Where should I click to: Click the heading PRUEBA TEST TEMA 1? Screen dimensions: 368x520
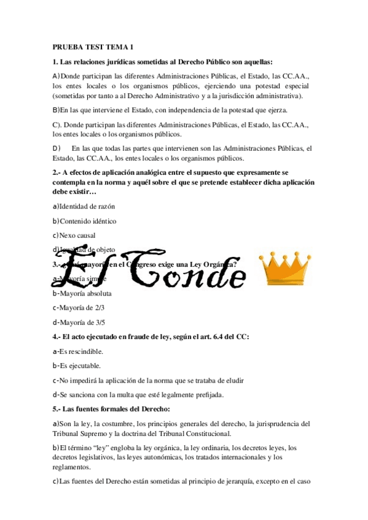pos(93,47)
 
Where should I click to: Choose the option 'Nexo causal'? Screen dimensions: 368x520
pos(77,235)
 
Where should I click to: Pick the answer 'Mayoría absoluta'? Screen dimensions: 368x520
pos(85,293)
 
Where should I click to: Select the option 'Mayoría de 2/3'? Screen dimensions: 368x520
pos(82,308)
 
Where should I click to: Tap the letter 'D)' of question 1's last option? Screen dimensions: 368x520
pos(57,148)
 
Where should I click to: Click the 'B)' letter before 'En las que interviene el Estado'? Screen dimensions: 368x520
pos(56,110)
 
